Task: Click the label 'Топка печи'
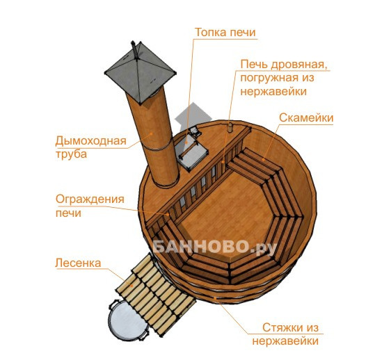point(225,32)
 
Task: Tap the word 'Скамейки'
point(306,117)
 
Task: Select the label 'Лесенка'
point(78,263)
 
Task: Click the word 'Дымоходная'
point(90,141)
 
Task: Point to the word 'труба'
point(71,154)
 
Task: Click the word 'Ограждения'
point(90,199)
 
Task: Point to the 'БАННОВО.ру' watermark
point(214,247)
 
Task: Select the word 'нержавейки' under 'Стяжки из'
point(285,341)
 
